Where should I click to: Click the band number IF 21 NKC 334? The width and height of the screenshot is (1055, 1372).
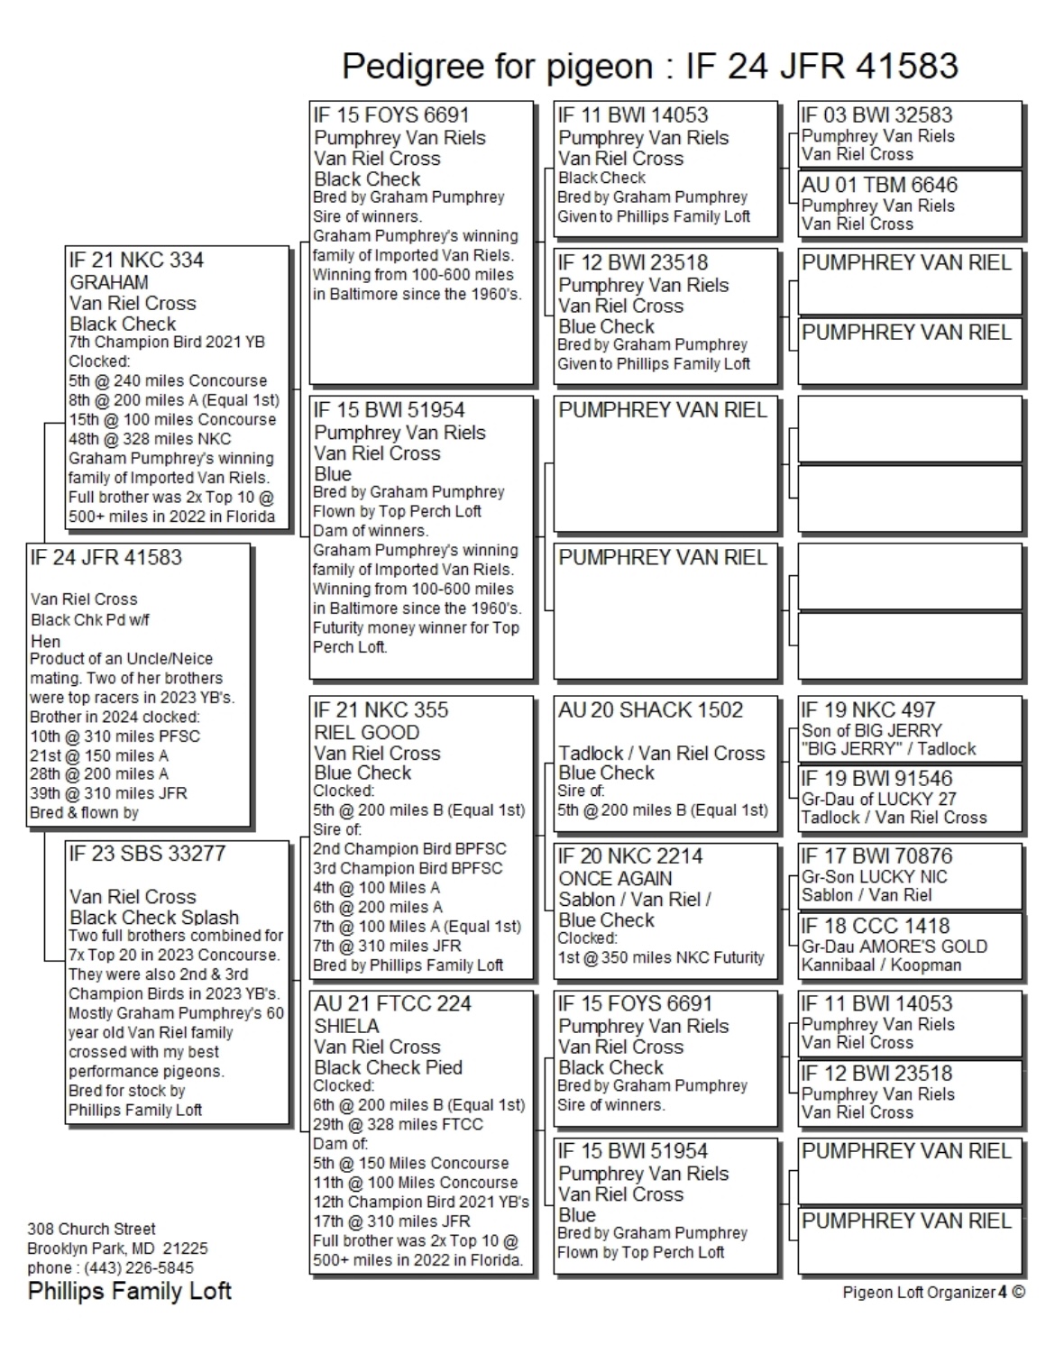pos(136,261)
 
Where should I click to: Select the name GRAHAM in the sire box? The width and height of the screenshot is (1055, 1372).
pos(109,282)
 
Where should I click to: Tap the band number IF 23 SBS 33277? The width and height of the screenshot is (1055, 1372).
pos(147,854)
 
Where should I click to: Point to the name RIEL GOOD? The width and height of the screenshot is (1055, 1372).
pos(366,732)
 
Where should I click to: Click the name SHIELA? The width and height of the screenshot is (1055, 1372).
pos(346,1026)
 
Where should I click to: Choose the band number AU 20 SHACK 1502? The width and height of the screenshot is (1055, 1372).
pos(650,710)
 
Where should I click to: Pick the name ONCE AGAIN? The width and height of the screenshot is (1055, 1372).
pos(615,878)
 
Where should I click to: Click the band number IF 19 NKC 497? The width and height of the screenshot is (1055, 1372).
pos(868,710)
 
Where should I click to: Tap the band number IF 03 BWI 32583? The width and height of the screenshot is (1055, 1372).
pos(876,115)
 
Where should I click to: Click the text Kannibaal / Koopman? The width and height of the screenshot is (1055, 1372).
pos(881,965)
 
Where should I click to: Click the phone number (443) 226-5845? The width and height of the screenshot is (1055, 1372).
pos(139,1268)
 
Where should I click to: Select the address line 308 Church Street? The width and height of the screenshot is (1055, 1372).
pos(91,1229)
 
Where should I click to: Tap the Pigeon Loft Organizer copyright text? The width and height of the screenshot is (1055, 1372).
pos(933,1293)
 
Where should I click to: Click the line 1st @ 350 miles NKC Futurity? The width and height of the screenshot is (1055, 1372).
pos(661,958)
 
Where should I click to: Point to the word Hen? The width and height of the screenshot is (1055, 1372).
pos(45,641)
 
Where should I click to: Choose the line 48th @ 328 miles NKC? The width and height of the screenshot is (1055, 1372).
pos(150,439)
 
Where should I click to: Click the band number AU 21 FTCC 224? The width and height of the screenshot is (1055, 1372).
pos(392,1004)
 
